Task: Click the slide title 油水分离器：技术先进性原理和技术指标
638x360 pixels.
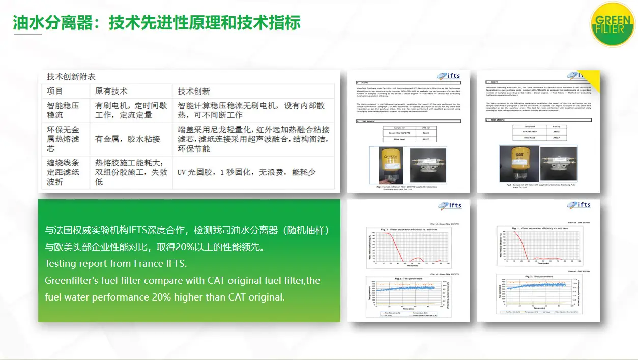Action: point(157,22)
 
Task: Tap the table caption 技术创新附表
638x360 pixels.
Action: point(71,77)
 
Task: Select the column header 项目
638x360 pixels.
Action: point(55,92)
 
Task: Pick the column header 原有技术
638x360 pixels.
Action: point(111,92)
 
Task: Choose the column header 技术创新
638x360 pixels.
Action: point(194,92)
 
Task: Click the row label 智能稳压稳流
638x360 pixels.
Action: point(63,110)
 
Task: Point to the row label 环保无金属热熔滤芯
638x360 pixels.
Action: point(63,139)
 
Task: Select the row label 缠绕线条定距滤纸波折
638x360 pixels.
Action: point(63,172)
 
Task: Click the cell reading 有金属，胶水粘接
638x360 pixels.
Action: point(128,139)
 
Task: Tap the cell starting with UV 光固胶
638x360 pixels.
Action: point(246,172)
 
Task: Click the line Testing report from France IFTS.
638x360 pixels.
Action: point(115,264)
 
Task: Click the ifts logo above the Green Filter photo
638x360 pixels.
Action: point(449,76)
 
